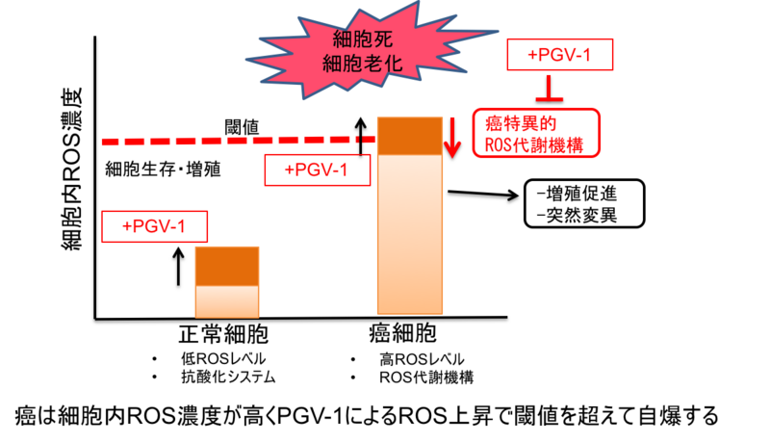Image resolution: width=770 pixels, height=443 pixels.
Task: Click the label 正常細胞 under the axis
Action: coord(223,335)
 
